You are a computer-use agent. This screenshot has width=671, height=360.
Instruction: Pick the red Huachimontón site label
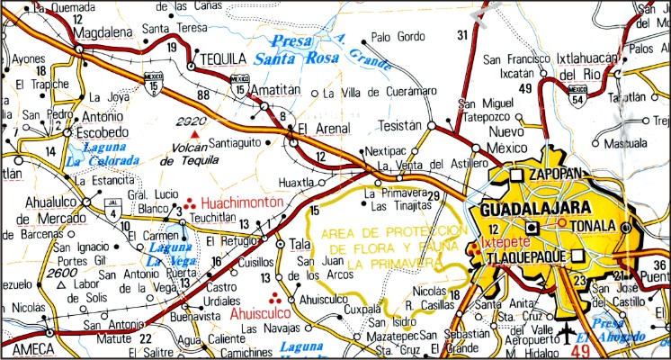pyautogui.click(x=242, y=203)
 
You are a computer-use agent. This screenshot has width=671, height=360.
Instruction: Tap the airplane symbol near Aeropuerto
pyautogui.click(x=568, y=337)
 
